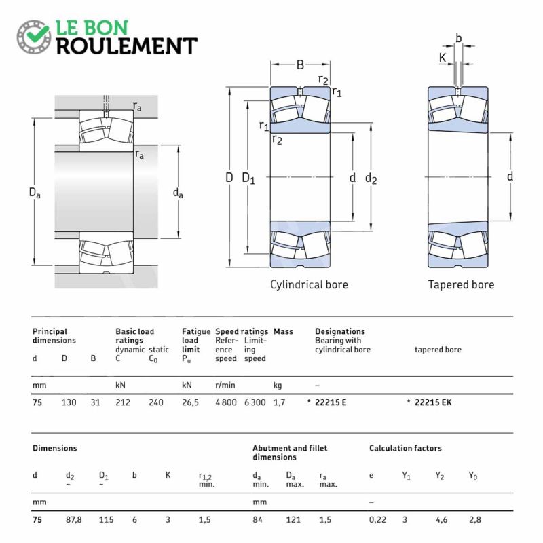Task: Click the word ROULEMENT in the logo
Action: point(126,46)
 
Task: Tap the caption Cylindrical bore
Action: point(309,284)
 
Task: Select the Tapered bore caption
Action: point(461,284)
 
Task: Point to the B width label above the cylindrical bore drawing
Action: point(300,65)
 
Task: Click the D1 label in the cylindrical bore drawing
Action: point(248,179)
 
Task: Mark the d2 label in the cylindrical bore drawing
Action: point(371,179)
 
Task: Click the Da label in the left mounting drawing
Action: point(35,193)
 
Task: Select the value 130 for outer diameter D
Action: point(69,402)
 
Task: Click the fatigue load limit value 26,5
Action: point(190,402)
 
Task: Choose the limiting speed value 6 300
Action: point(255,402)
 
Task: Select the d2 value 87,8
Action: point(73,519)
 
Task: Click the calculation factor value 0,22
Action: point(377,519)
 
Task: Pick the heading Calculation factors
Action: point(405,448)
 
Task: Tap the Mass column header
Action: point(283,331)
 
